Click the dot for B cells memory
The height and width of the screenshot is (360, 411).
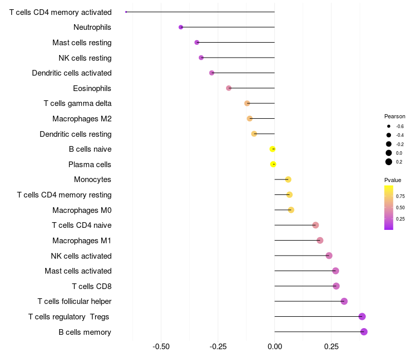click(x=364, y=332)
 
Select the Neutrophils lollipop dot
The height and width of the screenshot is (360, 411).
click(x=181, y=27)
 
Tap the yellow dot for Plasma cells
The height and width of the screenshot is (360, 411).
click(x=273, y=164)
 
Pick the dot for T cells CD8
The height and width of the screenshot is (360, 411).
click(x=336, y=286)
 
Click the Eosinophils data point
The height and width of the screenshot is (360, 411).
click(x=229, y=88)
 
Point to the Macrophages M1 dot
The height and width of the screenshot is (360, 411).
click(x=320, y=240)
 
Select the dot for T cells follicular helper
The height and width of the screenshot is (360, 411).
click(x=344, y=301)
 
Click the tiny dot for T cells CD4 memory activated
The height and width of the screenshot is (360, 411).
click(x=126, y=12)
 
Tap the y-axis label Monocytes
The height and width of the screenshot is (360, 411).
click(x=92, y=179)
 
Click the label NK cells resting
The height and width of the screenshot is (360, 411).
click(x=85, y=58)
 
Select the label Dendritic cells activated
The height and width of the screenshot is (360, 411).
click(x=71, y=73)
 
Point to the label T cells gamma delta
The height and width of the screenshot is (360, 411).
click(x=78, y=103)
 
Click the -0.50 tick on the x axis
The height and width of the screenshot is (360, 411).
click(x=161, y=346)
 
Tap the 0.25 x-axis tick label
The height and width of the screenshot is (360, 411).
click(x=331, y=346)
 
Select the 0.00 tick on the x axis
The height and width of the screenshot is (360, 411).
click(x=274, y=346)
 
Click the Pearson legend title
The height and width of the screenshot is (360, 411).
click(x=395, y=116)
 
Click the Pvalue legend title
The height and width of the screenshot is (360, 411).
click(x=393, y=180)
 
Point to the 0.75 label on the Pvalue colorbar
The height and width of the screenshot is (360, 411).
click(x=400, y=196)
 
